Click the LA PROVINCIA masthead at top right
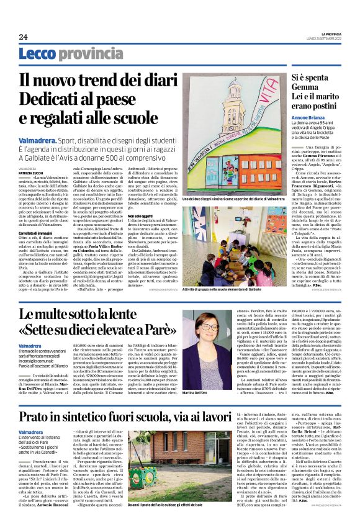tap(331, 33)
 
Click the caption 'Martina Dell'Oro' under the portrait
tap(194, 394)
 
